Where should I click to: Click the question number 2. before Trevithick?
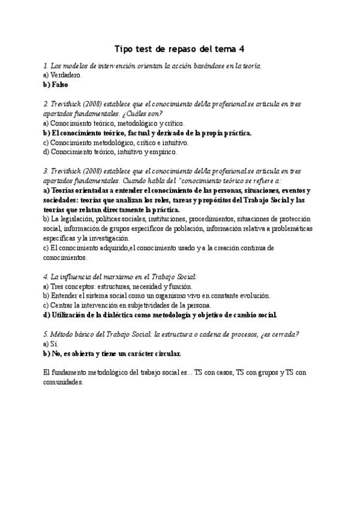tap(46, 104)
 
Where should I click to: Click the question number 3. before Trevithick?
tap(46, 171)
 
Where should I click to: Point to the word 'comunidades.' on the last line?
tap(63, 382)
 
